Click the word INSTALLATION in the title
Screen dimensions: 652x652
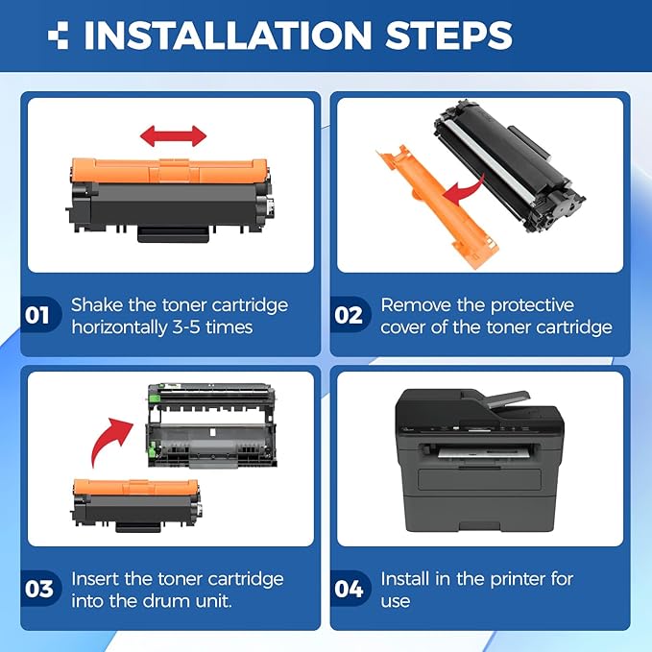226,36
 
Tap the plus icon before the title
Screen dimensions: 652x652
59,36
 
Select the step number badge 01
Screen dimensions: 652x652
39,316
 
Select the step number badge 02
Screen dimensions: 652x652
350,316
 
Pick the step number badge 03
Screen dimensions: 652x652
39,589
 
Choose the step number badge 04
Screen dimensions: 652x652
350,589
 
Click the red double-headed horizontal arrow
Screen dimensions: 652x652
174,134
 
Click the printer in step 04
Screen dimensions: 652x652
478,460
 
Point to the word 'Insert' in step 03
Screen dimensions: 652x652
99,579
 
